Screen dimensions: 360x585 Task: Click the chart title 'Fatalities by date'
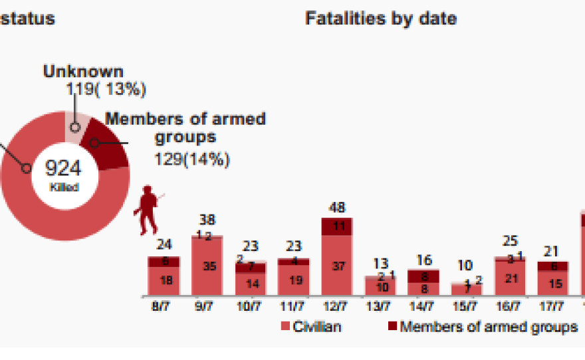click(380, 19)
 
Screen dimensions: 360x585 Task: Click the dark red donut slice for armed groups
click(106, 143)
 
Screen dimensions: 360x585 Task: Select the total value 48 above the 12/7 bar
click(336, 208)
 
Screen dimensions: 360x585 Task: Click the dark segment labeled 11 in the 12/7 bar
click(336, 226)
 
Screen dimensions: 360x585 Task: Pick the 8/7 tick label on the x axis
click(163, 306)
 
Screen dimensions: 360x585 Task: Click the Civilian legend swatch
click(286, 326)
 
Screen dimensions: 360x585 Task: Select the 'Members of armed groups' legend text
click(489, 326)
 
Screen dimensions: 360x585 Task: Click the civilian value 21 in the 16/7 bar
click(509, 278)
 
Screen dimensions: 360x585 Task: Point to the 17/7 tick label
click(552, 306)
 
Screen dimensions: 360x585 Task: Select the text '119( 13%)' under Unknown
click(106, 89)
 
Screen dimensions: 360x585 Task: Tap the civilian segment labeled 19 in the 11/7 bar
click(292, 280)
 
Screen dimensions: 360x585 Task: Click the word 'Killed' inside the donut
click(64, 187)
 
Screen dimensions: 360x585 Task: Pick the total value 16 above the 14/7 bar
click(423, 260)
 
